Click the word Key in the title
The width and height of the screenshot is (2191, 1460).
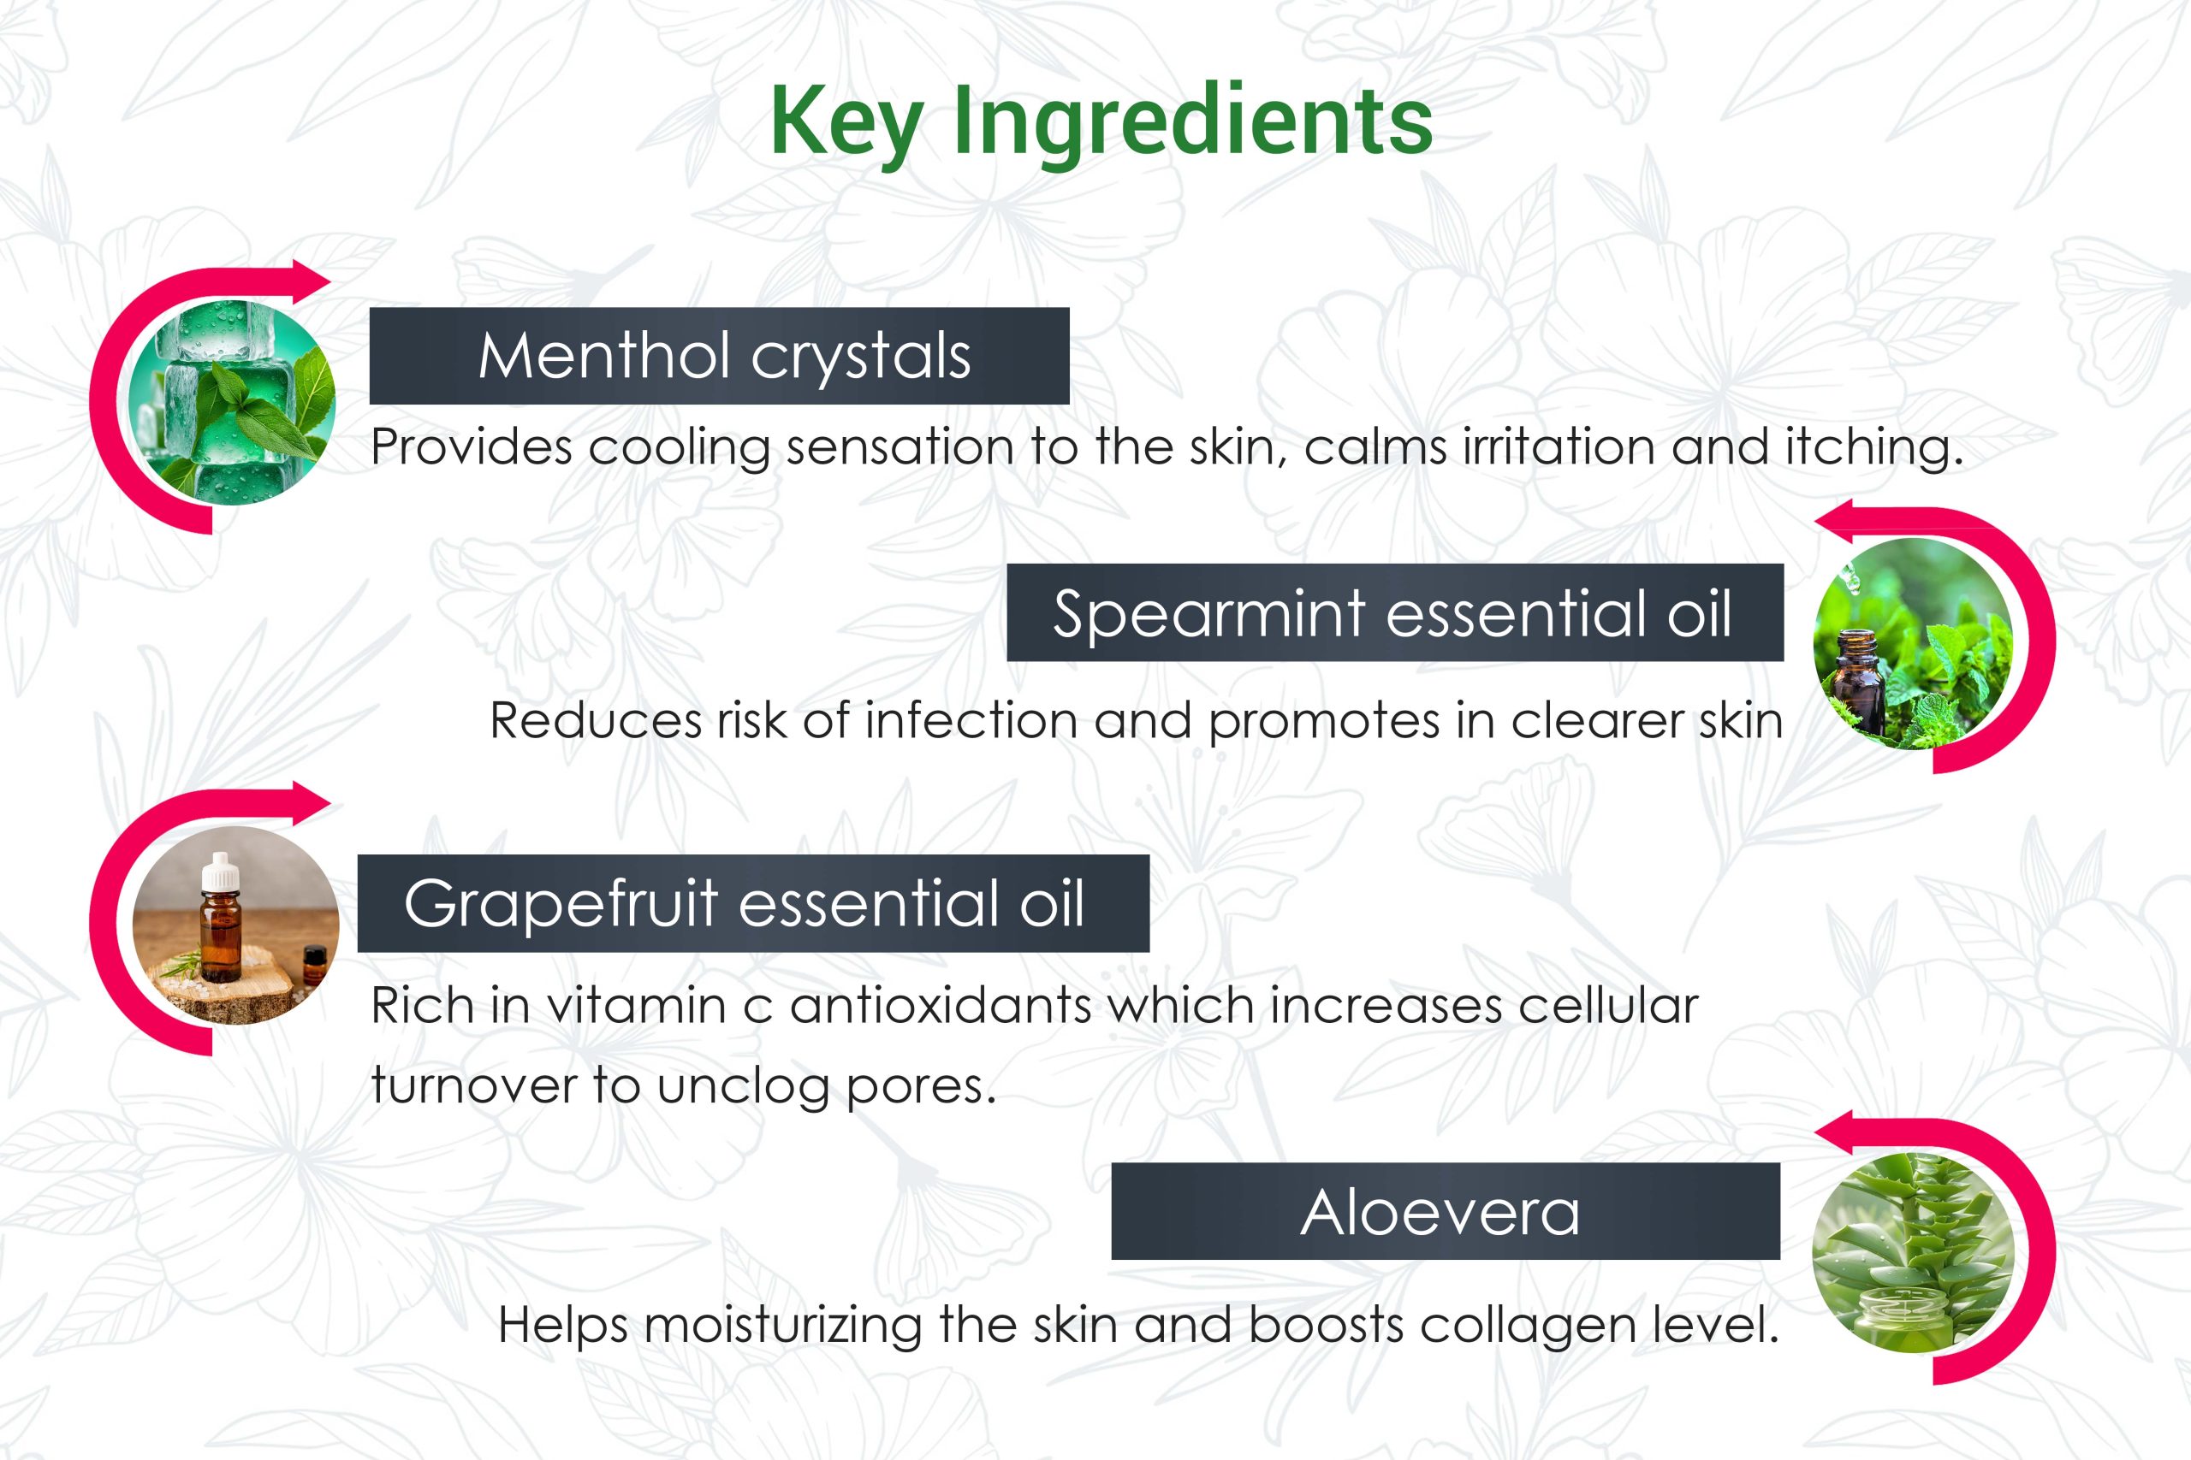[x=846, y=124]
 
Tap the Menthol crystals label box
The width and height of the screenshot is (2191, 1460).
[x=719, y=356]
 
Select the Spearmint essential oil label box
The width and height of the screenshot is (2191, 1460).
[x=1394, y=612]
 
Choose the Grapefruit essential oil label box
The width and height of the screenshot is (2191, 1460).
[x=754, y=903]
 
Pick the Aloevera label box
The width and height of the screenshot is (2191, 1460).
[x=1446, y=1211]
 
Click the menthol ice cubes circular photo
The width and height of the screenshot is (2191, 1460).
[x=232, y=401]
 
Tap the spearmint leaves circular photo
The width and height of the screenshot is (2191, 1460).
[x=1914, y=642]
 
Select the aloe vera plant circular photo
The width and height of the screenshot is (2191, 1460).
[x=1914, y=1253]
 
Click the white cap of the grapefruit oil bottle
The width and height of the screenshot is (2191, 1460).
[x=221, y=872]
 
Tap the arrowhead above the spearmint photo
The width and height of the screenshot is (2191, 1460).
[x=1834, y=521]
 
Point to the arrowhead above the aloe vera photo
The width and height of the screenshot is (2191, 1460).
[x=1834, y=1132]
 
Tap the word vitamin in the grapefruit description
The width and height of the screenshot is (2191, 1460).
[x=636, y=1006]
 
